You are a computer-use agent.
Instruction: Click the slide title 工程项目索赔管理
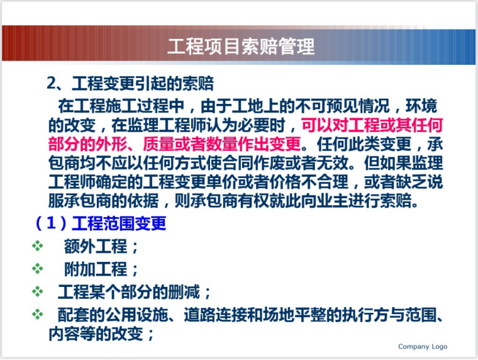click(x=241, y=47)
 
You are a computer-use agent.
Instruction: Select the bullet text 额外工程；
click(x=101, y=247)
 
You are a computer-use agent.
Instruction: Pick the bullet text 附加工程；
click(x=101, y=269)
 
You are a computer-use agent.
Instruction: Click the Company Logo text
click(x=423, y=347)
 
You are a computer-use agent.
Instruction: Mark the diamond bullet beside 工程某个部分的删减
click(x=38, y=292)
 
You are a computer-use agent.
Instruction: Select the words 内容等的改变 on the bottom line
click(x=95, y=334)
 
